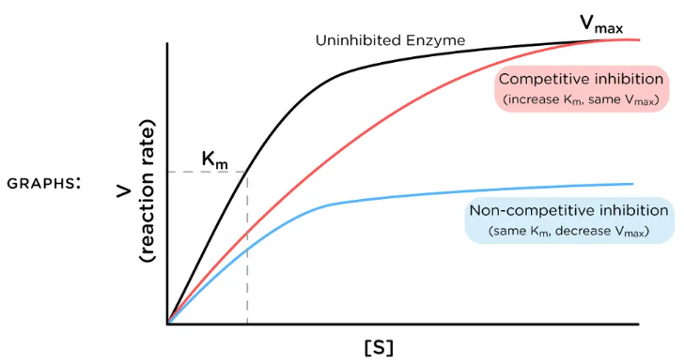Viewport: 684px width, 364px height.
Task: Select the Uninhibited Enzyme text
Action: tap(389, 41)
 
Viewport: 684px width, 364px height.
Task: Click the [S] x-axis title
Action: tap(379, 347)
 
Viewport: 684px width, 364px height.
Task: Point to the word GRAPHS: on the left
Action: tap(41, 182)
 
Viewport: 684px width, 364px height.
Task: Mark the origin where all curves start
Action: tap(168, 324)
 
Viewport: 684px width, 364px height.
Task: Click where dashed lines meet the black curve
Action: tap(247, 172)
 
